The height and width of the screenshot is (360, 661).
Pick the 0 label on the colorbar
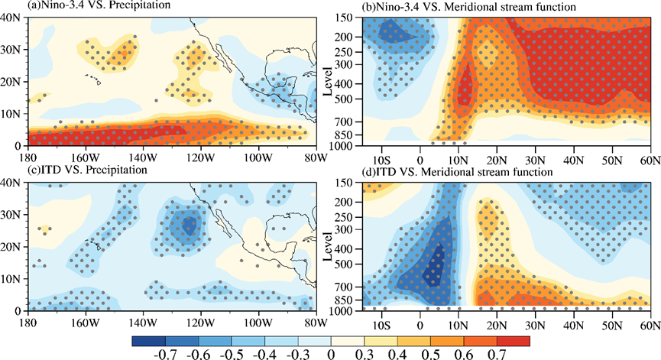click(331, 354)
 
